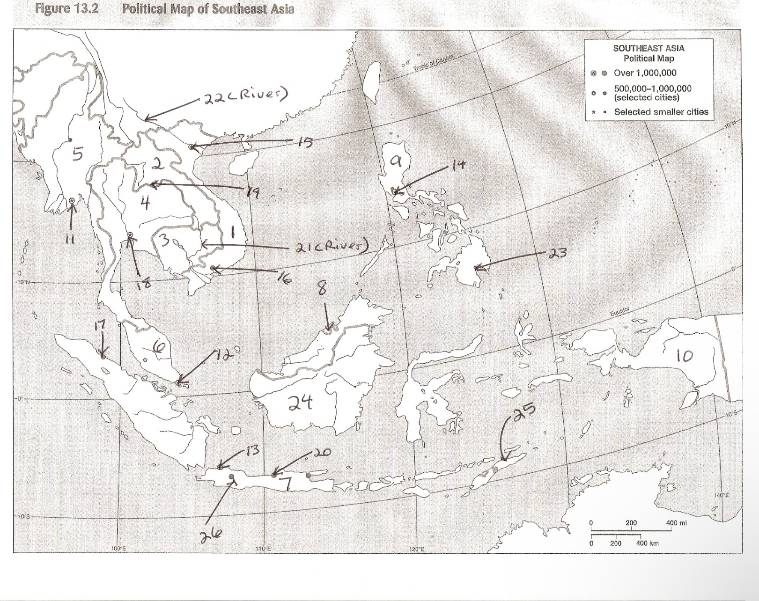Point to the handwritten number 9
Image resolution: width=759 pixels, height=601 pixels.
coord(396,161)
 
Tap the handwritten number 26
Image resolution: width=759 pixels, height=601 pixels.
coord(211,534)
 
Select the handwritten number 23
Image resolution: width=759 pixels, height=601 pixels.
coord(557,253)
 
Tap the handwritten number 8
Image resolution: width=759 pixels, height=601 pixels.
coord(322,289)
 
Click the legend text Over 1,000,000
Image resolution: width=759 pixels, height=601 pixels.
coord(645,73)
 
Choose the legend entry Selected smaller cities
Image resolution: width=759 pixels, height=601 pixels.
coord(661,112)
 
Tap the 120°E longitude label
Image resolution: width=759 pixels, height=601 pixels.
coord(416,549)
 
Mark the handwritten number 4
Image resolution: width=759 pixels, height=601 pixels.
coord(146,203)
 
